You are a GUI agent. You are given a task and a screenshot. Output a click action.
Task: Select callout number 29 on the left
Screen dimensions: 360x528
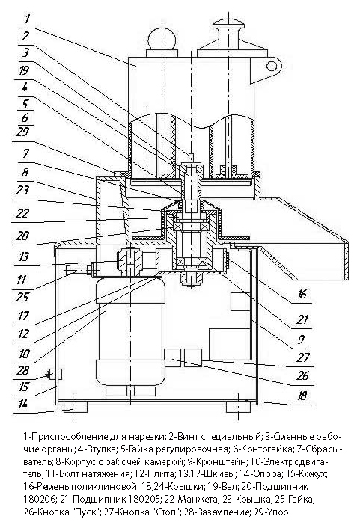[x=22, y=132]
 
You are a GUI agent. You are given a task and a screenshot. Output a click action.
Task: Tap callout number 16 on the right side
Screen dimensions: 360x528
[x=302, y=294]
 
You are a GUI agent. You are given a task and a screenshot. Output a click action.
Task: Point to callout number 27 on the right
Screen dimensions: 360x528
[x=302, y=357]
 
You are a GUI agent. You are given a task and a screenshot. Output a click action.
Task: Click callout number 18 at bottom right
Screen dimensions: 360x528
[x=302, y=396]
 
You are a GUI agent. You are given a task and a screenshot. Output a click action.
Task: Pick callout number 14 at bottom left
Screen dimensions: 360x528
[x=22, y=404]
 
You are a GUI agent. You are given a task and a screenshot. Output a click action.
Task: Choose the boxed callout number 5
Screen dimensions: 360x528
[x=25, y=104]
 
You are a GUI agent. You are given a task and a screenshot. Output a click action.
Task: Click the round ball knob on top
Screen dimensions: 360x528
[x=161, y=38]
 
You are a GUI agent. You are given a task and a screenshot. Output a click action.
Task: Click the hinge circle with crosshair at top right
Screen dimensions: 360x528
[x=272, y=66]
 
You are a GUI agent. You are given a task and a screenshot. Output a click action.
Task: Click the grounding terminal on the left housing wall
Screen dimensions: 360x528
[x=54, y=374]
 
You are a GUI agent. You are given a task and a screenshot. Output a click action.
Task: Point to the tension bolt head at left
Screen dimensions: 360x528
[x=69, y=270]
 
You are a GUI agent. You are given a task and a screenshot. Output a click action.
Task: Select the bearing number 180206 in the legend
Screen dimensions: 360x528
[x=40, y=497]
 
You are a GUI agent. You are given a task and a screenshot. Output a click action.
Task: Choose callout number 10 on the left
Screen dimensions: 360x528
[x=24, y=354]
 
